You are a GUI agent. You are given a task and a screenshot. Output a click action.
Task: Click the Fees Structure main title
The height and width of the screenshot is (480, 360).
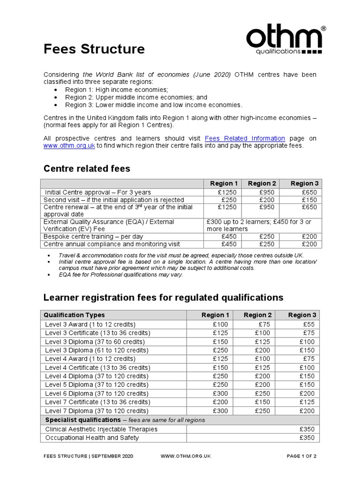[94, 49]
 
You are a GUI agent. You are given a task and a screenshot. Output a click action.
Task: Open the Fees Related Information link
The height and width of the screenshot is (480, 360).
[245, 138]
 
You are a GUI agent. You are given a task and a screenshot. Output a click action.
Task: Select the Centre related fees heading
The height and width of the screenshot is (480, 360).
[87, 168]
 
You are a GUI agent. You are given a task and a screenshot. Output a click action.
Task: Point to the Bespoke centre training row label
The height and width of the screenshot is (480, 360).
[94, 236]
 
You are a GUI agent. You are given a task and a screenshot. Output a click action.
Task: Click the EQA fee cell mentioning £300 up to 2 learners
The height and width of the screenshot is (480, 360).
[262, 225]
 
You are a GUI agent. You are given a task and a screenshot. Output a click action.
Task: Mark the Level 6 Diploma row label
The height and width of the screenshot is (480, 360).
[97, 393]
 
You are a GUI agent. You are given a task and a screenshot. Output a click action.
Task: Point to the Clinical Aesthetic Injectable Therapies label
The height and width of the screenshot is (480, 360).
[101, 429]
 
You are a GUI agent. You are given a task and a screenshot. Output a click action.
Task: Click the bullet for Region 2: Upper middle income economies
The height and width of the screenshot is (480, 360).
[57, 97]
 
